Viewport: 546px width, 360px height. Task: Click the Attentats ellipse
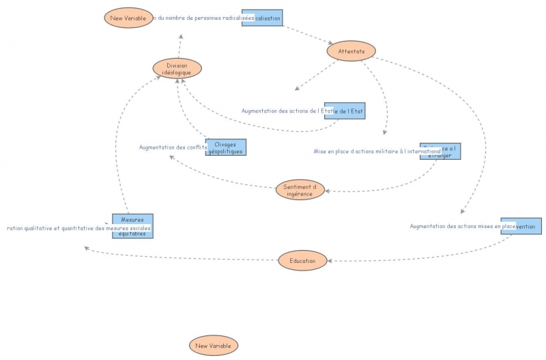click(x=351, y=51)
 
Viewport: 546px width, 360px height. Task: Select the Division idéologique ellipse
click(x=177, y=68)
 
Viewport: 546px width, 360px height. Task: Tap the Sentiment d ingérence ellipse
click(x=300, y=190)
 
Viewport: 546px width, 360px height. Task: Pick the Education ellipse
click(x=302, y=260)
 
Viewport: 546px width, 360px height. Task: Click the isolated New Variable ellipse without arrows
click(x=214, y=346)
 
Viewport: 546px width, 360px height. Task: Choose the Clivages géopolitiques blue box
click(x=226, y=148)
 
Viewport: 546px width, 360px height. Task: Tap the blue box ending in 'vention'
click(x=521, y=225)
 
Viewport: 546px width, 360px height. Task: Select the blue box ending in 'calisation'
click(x=262, y=18)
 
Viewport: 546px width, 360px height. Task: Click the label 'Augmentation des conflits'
click(x=173, y=148)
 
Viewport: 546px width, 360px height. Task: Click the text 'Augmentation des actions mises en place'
click(x=462, y=225)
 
